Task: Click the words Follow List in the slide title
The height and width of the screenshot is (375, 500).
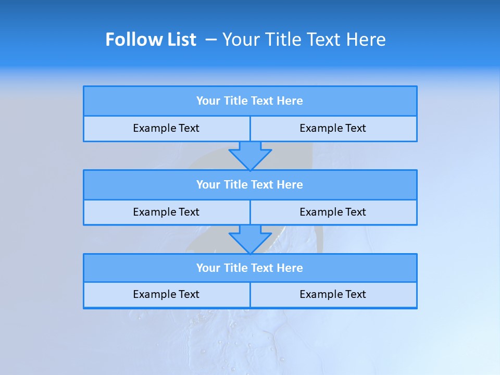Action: pos(151,40)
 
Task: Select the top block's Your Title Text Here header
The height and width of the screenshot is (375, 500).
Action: pos(249,101)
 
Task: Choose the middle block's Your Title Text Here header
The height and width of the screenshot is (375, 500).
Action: pos(249,184)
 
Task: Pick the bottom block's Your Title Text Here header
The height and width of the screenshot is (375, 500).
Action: pos(249,268)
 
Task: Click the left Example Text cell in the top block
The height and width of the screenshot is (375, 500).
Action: pos(166,128)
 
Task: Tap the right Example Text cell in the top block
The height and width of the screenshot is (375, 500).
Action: pos(333,128)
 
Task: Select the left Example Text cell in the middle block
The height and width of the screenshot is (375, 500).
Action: pos(166,212)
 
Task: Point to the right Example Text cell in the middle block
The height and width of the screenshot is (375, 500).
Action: pos(333,212)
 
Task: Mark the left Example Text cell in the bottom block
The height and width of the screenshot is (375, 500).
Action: pos(166,294)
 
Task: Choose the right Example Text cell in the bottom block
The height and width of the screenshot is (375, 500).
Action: pos(333,294)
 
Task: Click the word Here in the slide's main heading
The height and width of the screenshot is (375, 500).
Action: pos(365,40)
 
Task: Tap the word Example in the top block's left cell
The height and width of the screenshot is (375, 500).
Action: pos(154,128)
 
